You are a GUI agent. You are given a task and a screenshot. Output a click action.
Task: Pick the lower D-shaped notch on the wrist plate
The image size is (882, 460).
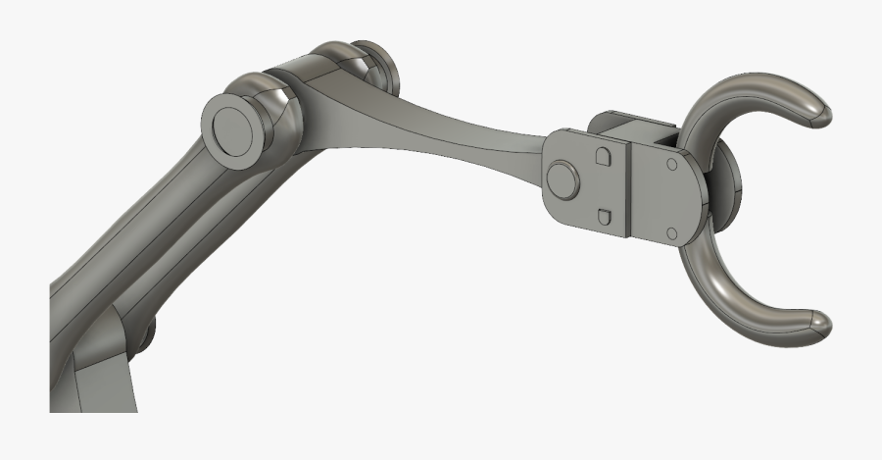pyautogui.click(x=605, y=216)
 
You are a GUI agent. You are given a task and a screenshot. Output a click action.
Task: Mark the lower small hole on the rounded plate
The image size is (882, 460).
pyautogui.click(x=672, y=232)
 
